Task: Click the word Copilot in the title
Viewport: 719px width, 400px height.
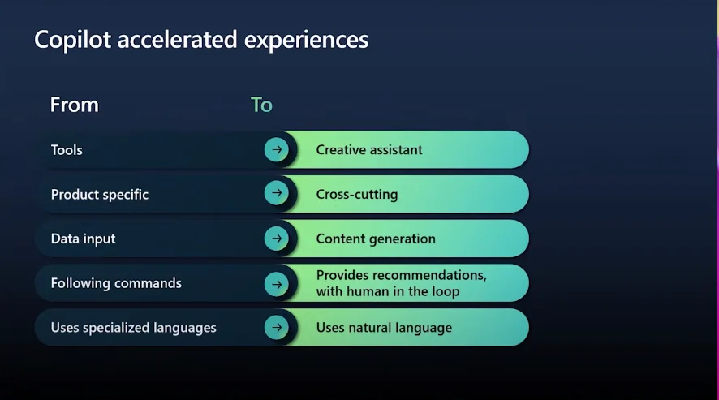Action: [72, 40]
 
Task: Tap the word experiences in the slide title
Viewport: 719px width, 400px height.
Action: [306, 41]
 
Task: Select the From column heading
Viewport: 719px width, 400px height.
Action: [75, 105]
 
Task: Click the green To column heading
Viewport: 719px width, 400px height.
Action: [261, 105]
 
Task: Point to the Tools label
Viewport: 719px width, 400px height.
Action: [67, 150]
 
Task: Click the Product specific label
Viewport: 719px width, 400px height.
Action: [100, 195]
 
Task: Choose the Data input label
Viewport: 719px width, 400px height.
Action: [83, 239]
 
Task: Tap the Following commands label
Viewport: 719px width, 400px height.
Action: [116, 283]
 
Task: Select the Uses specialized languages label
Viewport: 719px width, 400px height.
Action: [133, 328]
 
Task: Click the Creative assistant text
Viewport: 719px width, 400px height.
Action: [369, 150]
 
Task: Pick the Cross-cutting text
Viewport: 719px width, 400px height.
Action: [357, 195]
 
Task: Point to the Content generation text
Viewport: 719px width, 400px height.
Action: [376, 239]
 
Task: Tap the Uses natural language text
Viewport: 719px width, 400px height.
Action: [384, 328]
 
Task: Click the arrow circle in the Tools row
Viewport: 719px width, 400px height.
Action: [277, 149]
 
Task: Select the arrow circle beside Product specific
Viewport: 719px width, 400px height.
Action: [277, 192]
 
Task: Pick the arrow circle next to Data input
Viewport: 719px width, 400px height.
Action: [277, 238]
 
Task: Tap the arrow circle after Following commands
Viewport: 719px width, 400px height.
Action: [277, 284]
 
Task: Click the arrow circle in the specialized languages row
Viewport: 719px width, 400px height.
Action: [277, 327]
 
